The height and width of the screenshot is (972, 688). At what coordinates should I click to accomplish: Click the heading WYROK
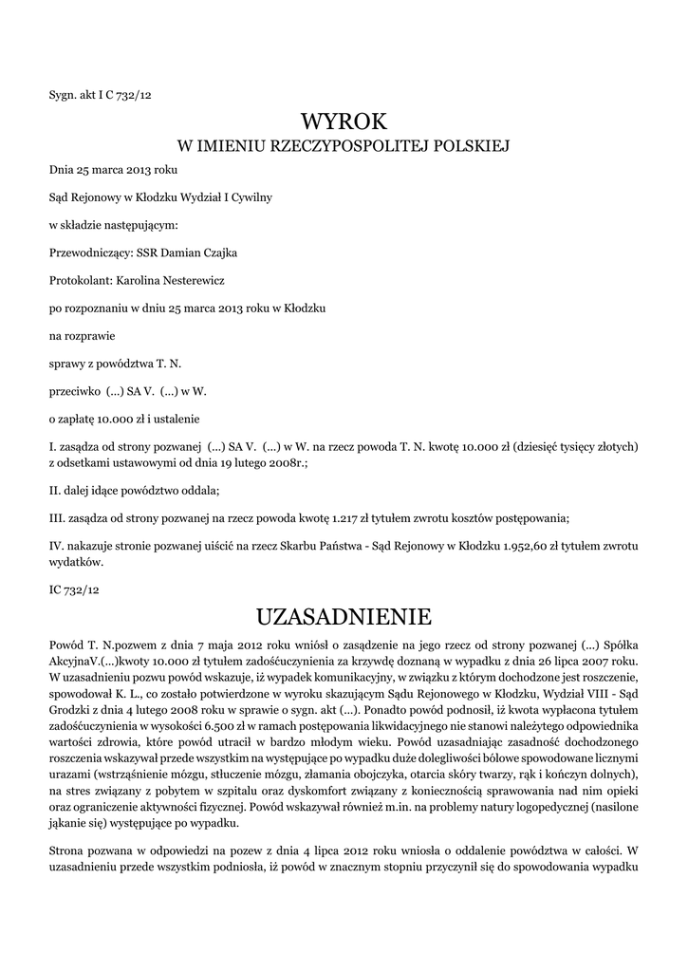344,121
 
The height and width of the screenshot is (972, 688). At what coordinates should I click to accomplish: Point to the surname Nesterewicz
188,280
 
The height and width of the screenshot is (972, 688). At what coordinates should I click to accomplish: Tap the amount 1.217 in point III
344,517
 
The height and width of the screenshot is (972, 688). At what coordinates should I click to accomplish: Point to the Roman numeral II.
54,491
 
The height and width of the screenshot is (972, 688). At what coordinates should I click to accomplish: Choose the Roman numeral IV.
56,546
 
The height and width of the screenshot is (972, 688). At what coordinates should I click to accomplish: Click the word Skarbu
279,546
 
